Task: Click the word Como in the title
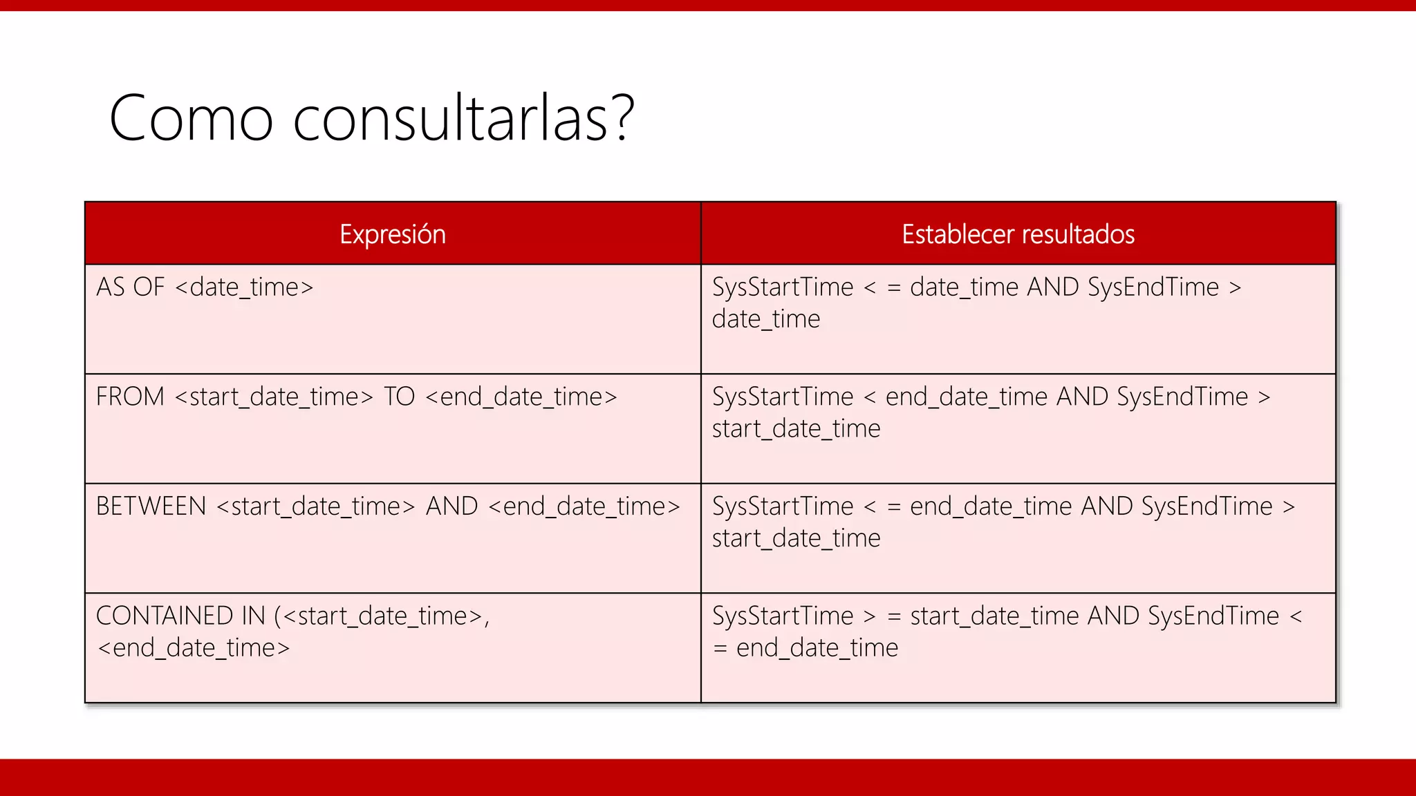[191, 119]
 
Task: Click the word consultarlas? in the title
[463, 119]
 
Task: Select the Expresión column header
[393, 234]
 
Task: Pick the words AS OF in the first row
[131, 287]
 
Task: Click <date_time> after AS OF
[244, 287]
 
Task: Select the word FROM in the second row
[130, 397]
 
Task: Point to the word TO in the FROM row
[399, 397]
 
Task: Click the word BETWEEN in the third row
[151, 506]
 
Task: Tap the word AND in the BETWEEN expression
[451, 506]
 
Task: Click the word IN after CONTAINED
[253, 616]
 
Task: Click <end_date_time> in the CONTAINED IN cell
[194, 648]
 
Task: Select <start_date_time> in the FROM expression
[274, 397]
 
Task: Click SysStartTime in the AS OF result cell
[783, 287]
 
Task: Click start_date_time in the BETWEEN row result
[796, 538]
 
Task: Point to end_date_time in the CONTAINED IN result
[817, 648]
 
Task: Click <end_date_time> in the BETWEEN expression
[584, 506]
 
